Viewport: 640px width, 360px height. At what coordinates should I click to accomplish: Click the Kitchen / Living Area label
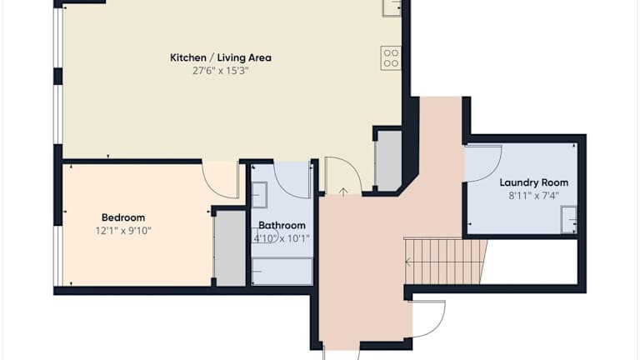point(220,58)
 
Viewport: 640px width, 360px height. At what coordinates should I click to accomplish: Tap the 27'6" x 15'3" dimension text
point(220,71)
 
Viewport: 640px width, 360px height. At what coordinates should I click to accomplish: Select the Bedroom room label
point(123,217)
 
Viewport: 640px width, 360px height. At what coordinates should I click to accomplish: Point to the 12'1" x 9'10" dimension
point(123,231)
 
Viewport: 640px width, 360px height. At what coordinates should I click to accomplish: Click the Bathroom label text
point(282,225)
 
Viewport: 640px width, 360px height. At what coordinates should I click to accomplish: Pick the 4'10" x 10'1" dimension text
point(282,238)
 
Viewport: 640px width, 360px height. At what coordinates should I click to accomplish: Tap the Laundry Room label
point(534,182)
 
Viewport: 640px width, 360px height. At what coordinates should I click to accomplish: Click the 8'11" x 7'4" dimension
point(534,196)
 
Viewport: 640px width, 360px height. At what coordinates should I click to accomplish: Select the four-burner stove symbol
point(391,58)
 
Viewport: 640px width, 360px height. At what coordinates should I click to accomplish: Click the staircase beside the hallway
point(445,261)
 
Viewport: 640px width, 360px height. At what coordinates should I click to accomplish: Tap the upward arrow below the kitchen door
point(343,192)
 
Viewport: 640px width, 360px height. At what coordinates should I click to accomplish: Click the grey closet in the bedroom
point(230,248)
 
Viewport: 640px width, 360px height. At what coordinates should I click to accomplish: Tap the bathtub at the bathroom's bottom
point(282,271)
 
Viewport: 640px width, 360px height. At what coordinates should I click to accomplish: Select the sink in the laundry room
point(569,220)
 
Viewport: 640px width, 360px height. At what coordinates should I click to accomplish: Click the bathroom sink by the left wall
point(259,195)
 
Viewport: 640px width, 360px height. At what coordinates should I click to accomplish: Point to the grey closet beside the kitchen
point(388,160)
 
